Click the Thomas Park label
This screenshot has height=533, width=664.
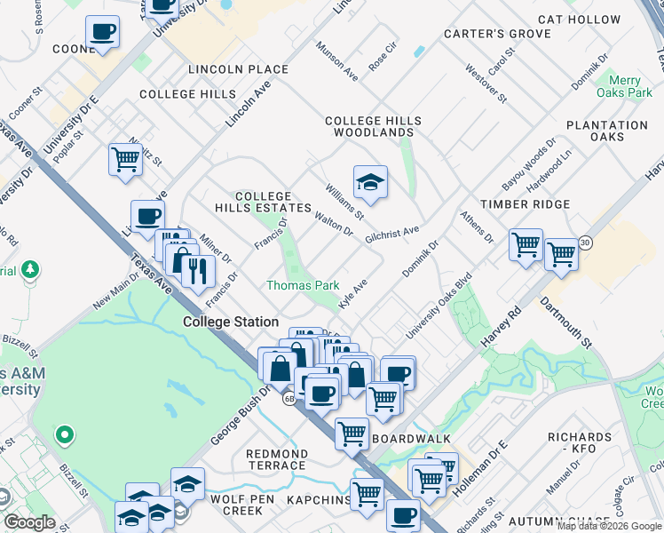303,285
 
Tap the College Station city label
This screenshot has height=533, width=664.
231,322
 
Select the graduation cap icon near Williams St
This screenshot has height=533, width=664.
370,183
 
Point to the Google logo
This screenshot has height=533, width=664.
28,522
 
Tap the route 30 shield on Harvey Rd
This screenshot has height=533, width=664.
584,242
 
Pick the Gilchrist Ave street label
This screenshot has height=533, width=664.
391,231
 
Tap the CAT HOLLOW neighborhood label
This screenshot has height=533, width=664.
580,20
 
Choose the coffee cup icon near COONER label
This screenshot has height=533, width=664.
103,33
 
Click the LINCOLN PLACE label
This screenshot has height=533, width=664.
238,69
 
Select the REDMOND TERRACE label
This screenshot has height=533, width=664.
278,459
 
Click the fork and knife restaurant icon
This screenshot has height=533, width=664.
198,269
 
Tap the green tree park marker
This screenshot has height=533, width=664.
31,268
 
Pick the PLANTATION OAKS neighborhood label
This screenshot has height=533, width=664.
607,131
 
